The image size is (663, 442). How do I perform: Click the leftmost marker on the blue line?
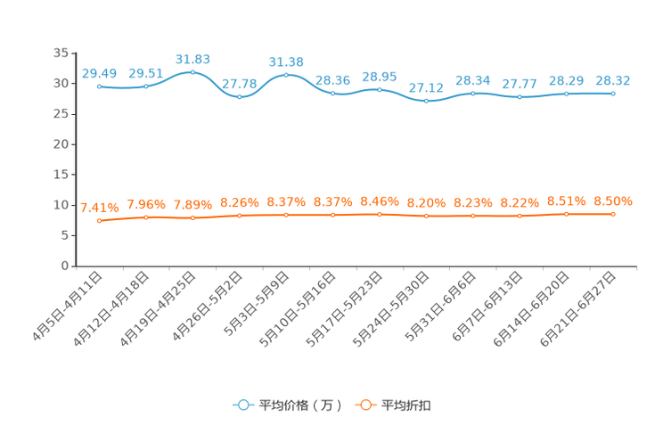pyautogui.click(x=99, y=86)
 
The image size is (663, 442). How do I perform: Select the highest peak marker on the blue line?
pyautogui.click(x=192, y=71)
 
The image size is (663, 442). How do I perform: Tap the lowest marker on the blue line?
pyautogui.click(x=426, y=100)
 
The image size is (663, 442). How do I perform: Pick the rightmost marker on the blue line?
pyautogui.click(x=613, y=93)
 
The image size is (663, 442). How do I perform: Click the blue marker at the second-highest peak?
pyautogui.click(x=286, y=75)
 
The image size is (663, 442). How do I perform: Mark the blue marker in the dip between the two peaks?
pyautogui.click(x=239, y=95)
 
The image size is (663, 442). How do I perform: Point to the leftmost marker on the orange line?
pyautogui.click(x=99, y=220)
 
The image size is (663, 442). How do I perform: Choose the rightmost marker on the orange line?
pyautogui.click(x=613, y=214)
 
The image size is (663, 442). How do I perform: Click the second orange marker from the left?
pyautogui.click(x=146, y=217)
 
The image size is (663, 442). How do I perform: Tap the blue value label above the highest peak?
pyautogui.click(x=192, y=59)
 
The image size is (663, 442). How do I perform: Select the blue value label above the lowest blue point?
pyautogui.click(x=426, y=87)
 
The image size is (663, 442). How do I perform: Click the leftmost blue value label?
pyautogui.click(x=99, y=72)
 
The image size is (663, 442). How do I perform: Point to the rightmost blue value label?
pyautogui.click(x=613, y=80)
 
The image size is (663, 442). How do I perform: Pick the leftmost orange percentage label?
pyautogui.click(x=99, y=207)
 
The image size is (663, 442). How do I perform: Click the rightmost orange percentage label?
pyautogui.click(x=613, y=201)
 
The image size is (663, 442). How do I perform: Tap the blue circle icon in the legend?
pyautogui.click(x=243, y=405)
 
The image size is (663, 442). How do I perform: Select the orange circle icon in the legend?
pyautogui.click(x=365, y=405)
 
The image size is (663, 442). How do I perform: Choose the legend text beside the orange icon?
pyautogui.click(x=407, y=405)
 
